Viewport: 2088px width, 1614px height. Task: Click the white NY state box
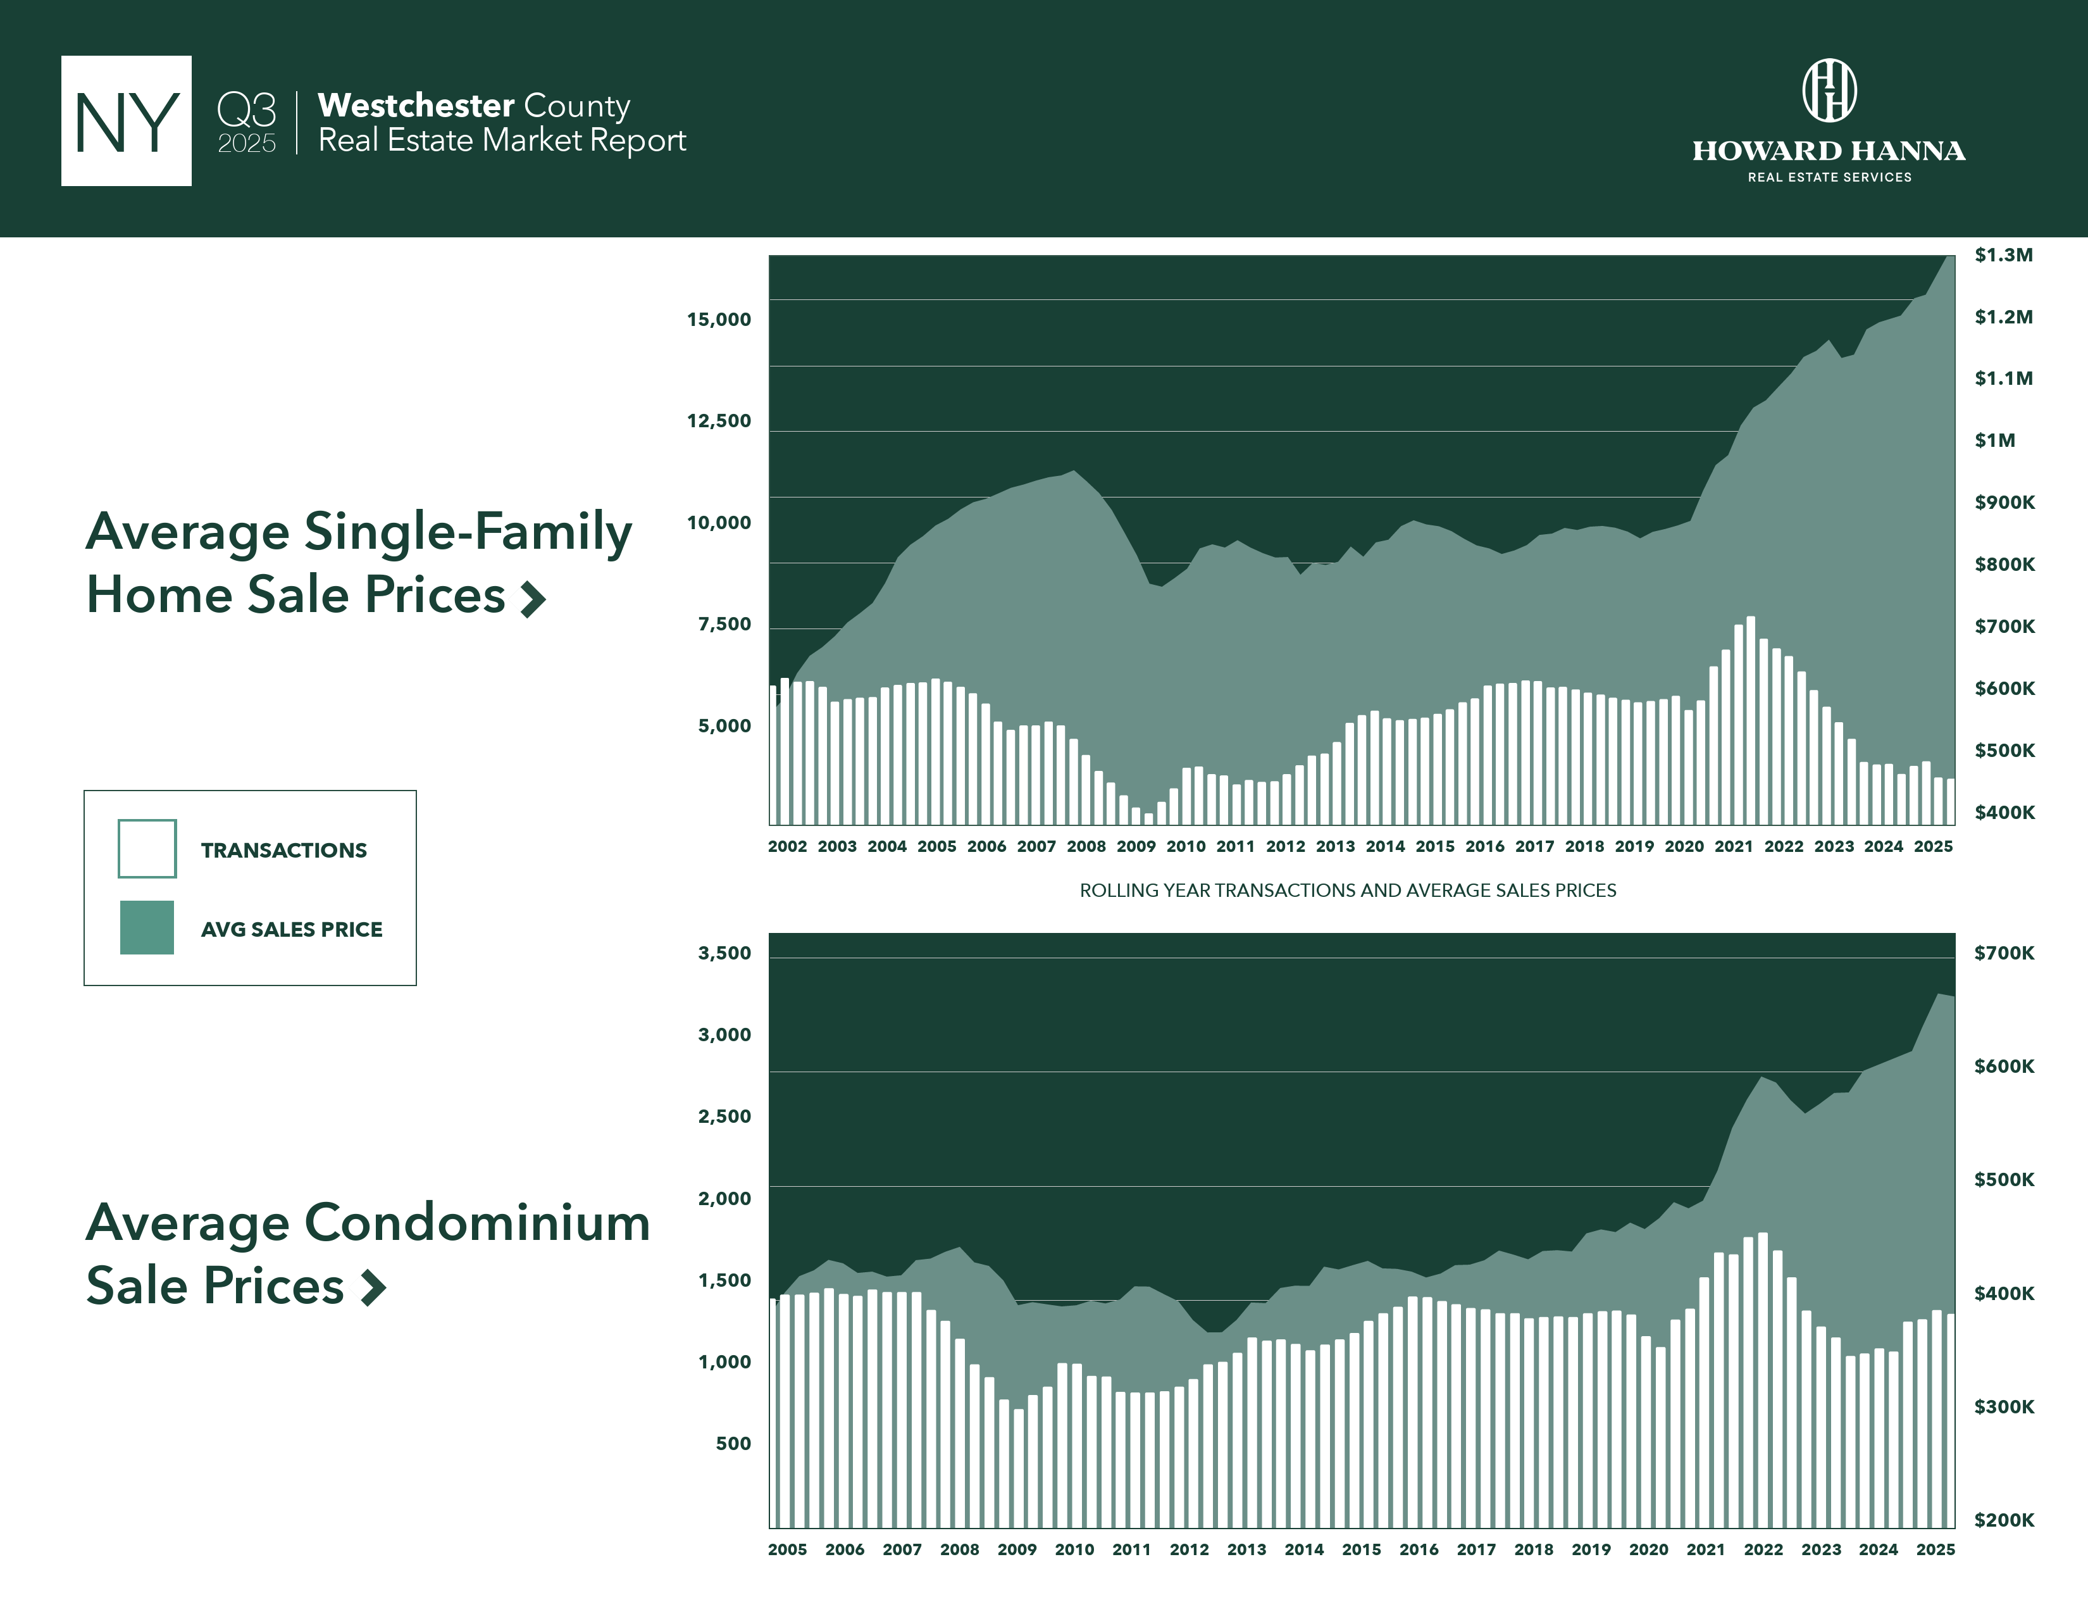(126, 120)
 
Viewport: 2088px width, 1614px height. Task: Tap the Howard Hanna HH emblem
(1829, 91)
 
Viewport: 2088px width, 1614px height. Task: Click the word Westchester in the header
(416, 105)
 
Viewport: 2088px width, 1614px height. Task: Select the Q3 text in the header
(247, 110)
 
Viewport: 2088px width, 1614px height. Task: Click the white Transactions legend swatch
(147, 848)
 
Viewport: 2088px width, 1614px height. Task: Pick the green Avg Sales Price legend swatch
(147, 927)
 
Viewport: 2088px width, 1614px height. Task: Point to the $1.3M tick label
(2003, 255)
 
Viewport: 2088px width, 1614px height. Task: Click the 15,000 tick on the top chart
(719, 320)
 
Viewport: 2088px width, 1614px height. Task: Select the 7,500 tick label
(724, 624)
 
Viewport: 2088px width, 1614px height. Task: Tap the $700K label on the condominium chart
(2004, 953)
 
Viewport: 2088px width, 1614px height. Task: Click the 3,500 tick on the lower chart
(724, 953)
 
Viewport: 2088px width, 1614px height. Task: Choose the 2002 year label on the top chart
(787, 846)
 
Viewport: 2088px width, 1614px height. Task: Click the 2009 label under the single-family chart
(1136, 846)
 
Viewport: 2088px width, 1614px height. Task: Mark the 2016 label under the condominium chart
(1419, 1549)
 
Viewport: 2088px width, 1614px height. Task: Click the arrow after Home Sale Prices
(533, 599)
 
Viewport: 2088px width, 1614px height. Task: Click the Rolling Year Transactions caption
(1347, 890)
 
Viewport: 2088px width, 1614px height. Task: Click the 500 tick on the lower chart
(733, 1444)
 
